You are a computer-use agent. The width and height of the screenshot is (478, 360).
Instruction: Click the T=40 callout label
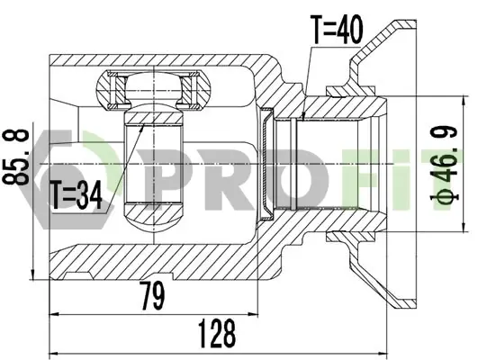[x=337, y=30]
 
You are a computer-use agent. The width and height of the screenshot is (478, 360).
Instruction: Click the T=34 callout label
[x=77, y=194]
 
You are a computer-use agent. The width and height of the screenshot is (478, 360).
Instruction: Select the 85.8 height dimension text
[x=16, y=157]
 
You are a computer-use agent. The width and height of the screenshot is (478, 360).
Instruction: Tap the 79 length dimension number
[x=152, y=295]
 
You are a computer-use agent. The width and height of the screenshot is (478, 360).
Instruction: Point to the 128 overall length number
[x=217, y=334]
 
